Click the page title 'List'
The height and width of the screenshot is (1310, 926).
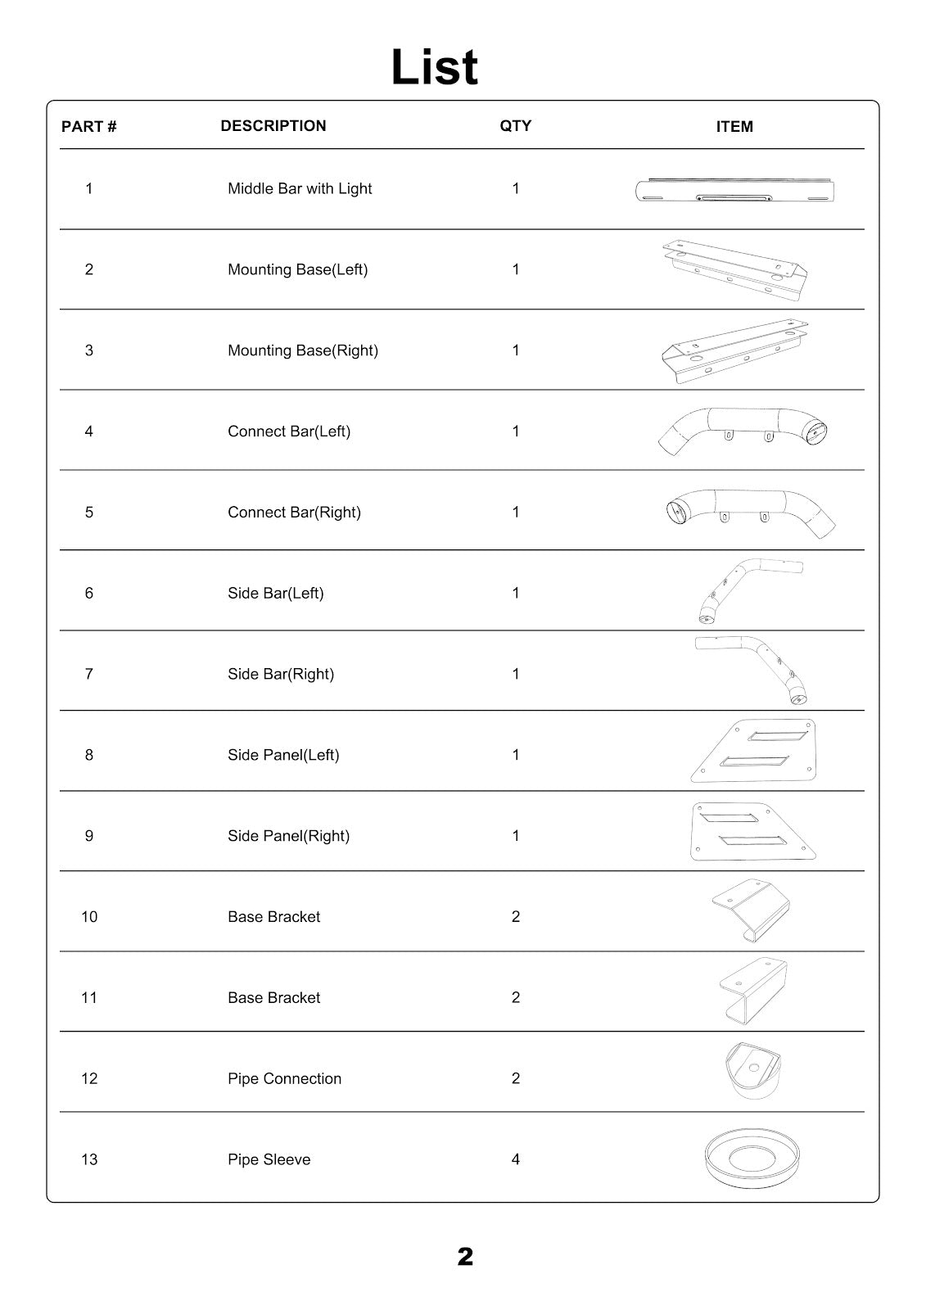point(434,67)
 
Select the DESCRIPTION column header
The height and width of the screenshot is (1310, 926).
point(273,126)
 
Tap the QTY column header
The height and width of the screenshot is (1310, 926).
point(516,126)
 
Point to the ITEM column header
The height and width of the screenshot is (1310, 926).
point(734,127)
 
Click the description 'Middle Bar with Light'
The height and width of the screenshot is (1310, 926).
point(300,188)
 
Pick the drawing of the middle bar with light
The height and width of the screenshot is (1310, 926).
point(734,192)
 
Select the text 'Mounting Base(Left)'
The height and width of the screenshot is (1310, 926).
point(297,269)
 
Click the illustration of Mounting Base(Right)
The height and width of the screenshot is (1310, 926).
point(734,350)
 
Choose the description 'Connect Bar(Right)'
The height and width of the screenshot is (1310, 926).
point(294,513)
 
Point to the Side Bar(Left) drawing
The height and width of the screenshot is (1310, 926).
point(749,591)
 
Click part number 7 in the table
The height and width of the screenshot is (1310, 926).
point(89,674)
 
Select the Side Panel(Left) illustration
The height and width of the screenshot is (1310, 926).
point(754,751)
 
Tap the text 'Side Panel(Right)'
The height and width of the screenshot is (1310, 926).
point(288,836)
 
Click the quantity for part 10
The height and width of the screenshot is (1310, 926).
point(516,917)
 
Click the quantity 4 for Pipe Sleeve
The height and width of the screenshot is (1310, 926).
point(516,1159)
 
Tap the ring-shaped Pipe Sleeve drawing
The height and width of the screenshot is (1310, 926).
point(752,1157)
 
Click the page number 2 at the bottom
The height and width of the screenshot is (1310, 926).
point(465,1257)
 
